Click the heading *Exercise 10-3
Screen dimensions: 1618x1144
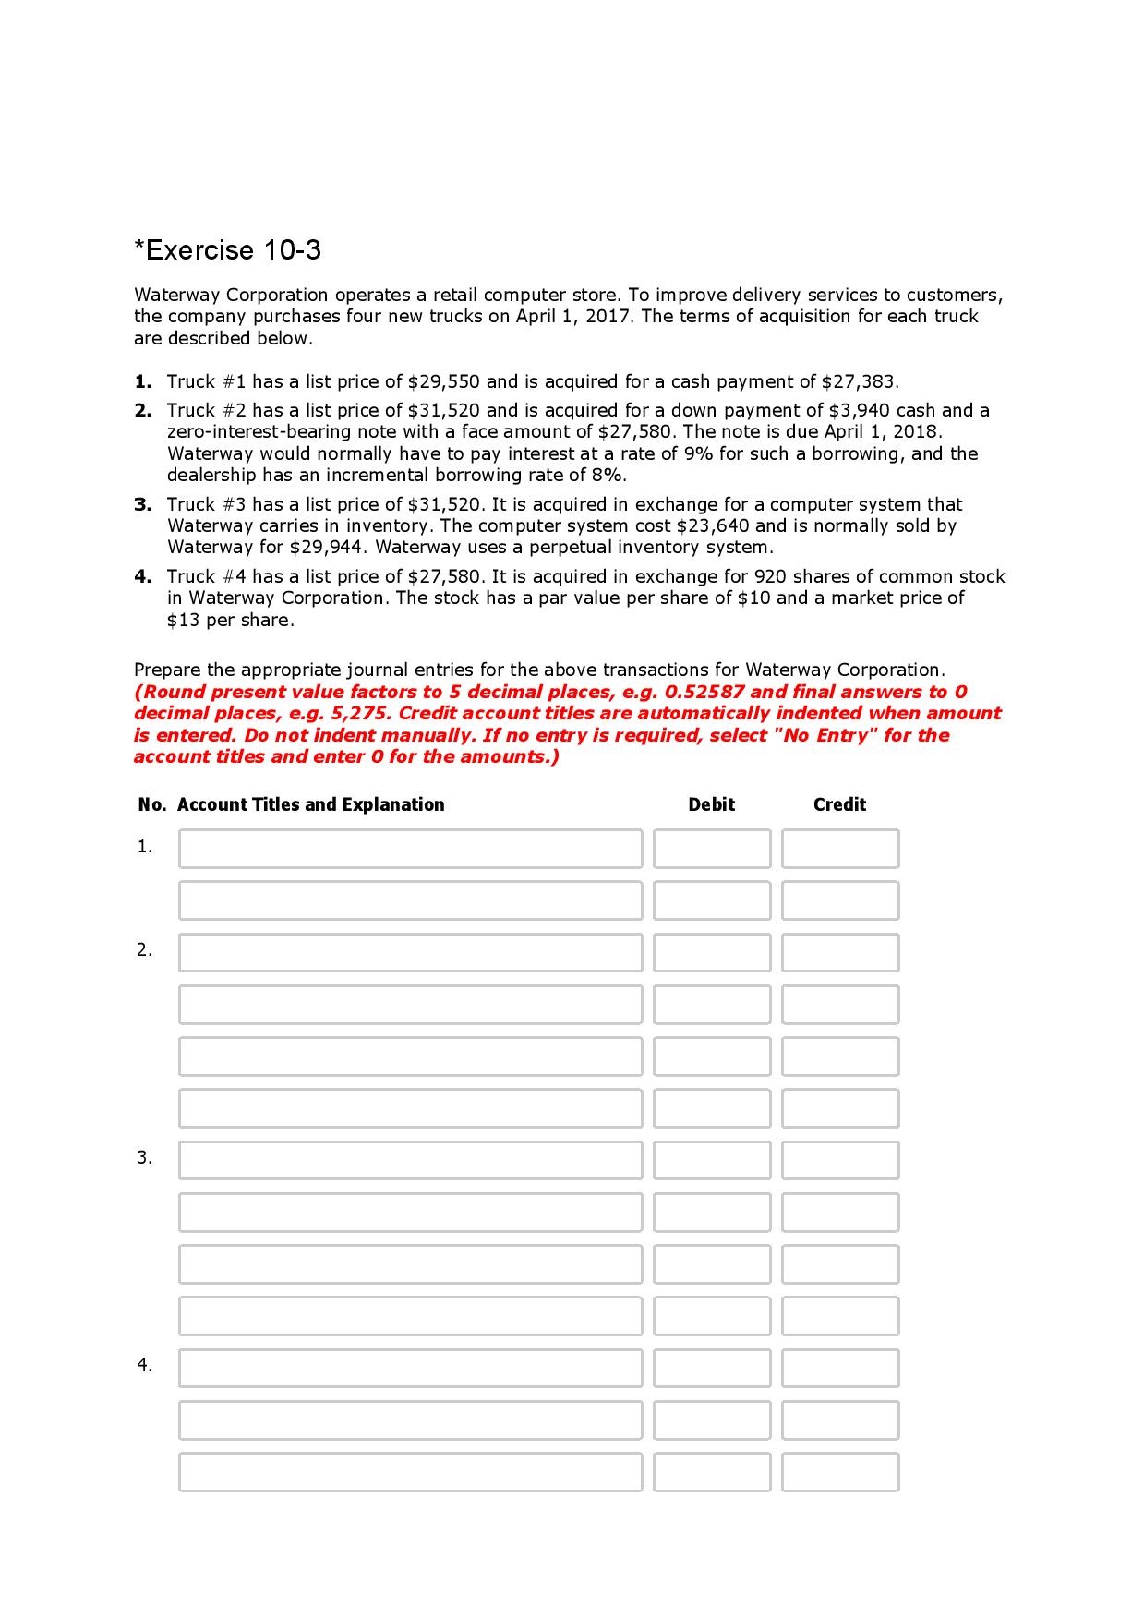pos(227,250)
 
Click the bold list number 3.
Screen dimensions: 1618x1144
pos(142,504)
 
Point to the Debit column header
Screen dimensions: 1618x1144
pos(711,804)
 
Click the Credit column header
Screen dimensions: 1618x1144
pos(839,804)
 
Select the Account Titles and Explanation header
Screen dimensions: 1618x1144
pos(310,804)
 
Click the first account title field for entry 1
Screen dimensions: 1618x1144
pos(410,848)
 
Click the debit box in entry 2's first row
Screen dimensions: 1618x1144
pos(711,952)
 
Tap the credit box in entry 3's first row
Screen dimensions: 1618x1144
pos(839,1160)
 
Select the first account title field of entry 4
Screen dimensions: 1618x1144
pos(410,1368)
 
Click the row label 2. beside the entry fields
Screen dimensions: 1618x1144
pos(144,949)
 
